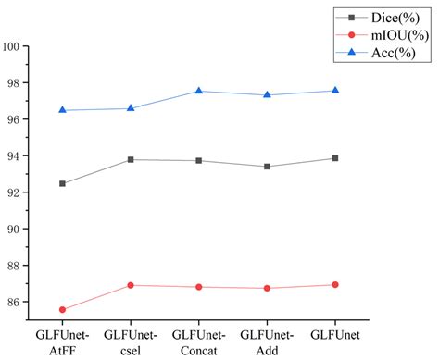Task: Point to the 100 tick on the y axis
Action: (13, 46)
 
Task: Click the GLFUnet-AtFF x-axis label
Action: (62, 340)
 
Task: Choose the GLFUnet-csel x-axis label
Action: (131, 340)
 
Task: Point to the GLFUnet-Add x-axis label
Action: (267, 340)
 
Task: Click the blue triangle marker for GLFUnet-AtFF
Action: (62, 110)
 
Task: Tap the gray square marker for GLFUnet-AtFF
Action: (62, 183)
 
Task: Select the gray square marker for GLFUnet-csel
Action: (131, 159)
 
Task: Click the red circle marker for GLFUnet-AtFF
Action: (62, 309)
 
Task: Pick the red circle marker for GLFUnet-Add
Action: (267, 288)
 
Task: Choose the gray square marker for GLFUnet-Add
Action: (267, 167)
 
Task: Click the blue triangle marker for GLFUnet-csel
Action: (131, 108)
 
